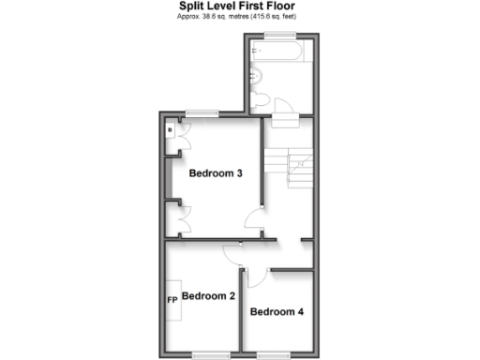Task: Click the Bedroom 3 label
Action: [x=216, y=172]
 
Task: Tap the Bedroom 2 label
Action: [x=208, y=296]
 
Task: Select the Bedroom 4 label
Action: [x=277, y=311]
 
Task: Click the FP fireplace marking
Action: [x=172, y=300]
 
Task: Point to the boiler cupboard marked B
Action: [x=170, y=131]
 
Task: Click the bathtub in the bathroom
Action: [x=277, y=51]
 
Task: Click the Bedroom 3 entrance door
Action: [x=253, y=223]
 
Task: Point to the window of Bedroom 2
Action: [x=207, y=353]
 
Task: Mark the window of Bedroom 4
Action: [x=273, y=353]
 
